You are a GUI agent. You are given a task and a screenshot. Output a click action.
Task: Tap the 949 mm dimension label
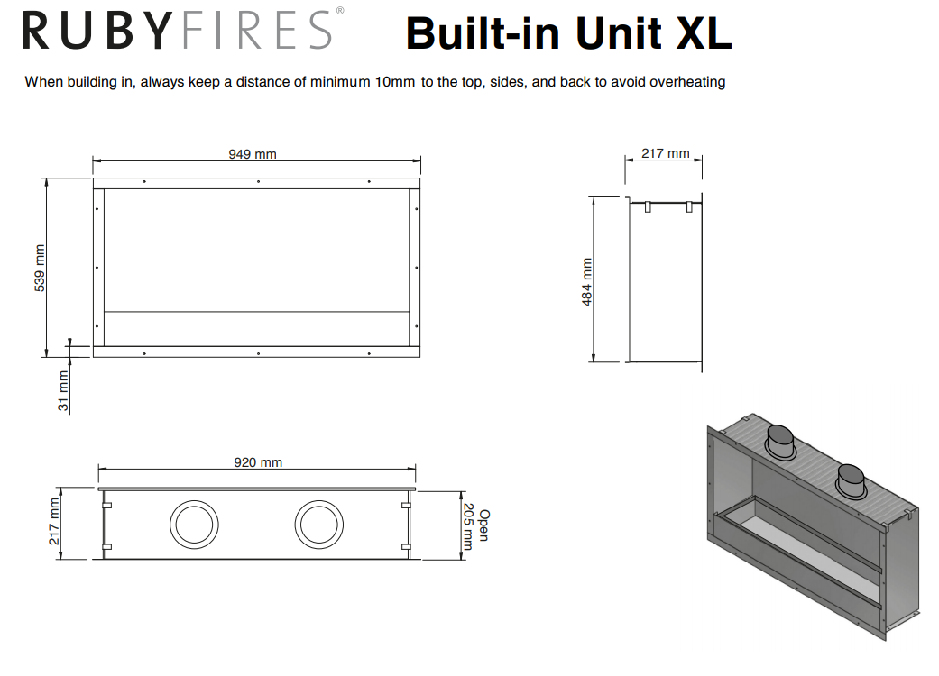click(x=253, y=154)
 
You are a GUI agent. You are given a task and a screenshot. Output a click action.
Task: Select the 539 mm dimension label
click(x=40, y=268)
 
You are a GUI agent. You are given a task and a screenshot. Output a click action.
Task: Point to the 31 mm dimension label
click(x=63, y=391)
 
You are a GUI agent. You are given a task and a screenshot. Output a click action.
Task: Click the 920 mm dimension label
click(x=257, y=462)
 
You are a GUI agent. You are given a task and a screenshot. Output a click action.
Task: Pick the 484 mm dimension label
click(x=587, y=282)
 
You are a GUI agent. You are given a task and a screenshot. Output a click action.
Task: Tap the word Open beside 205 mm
click(x=484, y=525)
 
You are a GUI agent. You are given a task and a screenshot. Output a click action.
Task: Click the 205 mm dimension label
click(x=468, y=526)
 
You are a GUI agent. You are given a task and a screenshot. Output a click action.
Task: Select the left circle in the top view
click(x=194, y=525)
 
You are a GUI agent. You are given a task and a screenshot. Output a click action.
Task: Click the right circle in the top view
click(x=319, y=525)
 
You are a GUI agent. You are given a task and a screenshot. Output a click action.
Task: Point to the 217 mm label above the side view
click(x=666, y=153)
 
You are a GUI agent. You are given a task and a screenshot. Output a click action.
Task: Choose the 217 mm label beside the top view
click(x=54, y=522)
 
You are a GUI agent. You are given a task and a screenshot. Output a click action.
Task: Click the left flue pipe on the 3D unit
click(x=780, y=442)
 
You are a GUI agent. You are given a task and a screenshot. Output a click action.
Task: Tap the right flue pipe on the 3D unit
click(x=851, y=481)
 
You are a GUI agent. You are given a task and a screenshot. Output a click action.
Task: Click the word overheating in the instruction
click(x=687, y=82)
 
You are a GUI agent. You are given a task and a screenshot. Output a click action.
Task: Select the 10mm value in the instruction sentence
click(x=395, y=82)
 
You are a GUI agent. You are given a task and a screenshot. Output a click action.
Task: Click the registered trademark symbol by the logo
click(x=339, y=10)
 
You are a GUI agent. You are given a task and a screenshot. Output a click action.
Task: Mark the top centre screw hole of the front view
click(x=258, y=181)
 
